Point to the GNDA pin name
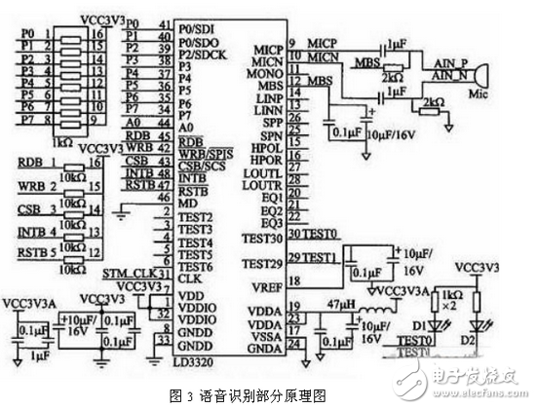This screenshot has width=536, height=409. click(x=265, y=347)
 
